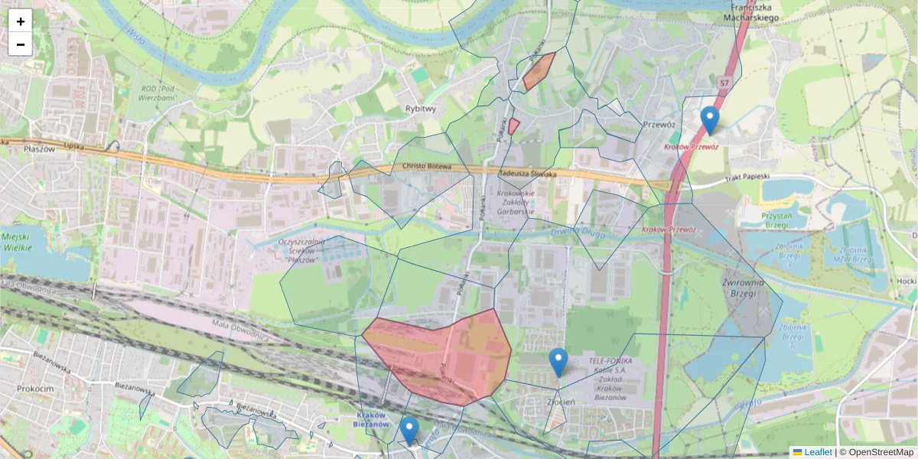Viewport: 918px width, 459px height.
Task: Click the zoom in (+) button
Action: click(21, 21)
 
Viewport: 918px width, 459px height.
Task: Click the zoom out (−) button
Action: click(21, 44)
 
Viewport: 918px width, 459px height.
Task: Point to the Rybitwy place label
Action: click(421, 109)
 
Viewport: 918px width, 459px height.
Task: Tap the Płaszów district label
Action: click(39, 149)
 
